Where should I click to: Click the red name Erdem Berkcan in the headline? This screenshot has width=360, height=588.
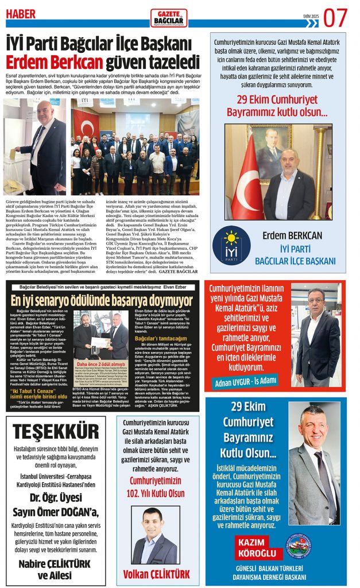(x=55, y=61)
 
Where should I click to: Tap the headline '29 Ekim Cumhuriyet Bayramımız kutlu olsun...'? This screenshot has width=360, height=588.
(x=277, y=106)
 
